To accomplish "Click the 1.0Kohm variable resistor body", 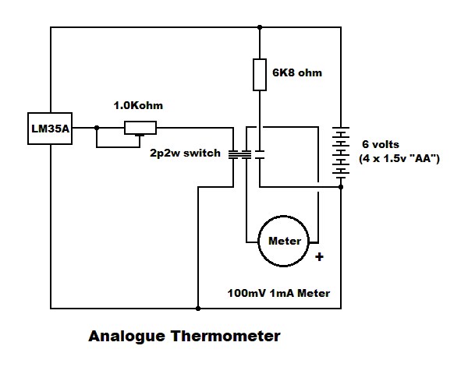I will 143,129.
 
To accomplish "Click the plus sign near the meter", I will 319,255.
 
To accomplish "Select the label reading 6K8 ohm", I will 297,72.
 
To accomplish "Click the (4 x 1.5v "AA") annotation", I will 400,158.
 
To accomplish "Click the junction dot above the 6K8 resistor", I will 260,27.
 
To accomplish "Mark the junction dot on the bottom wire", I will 195,305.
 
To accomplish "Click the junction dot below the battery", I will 341,187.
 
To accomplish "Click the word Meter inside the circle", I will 284,240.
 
